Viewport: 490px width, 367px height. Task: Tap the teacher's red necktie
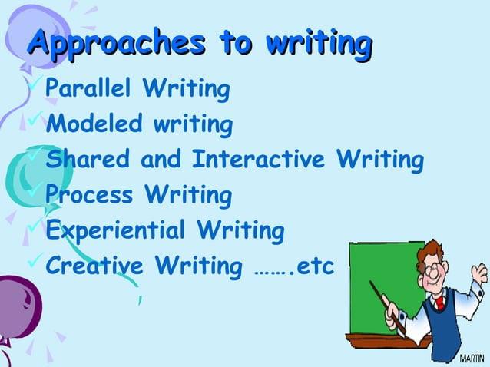coord(440,304)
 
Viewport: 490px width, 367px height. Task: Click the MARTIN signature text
coord(472,359)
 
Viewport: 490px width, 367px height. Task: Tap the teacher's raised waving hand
coord(478,273)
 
